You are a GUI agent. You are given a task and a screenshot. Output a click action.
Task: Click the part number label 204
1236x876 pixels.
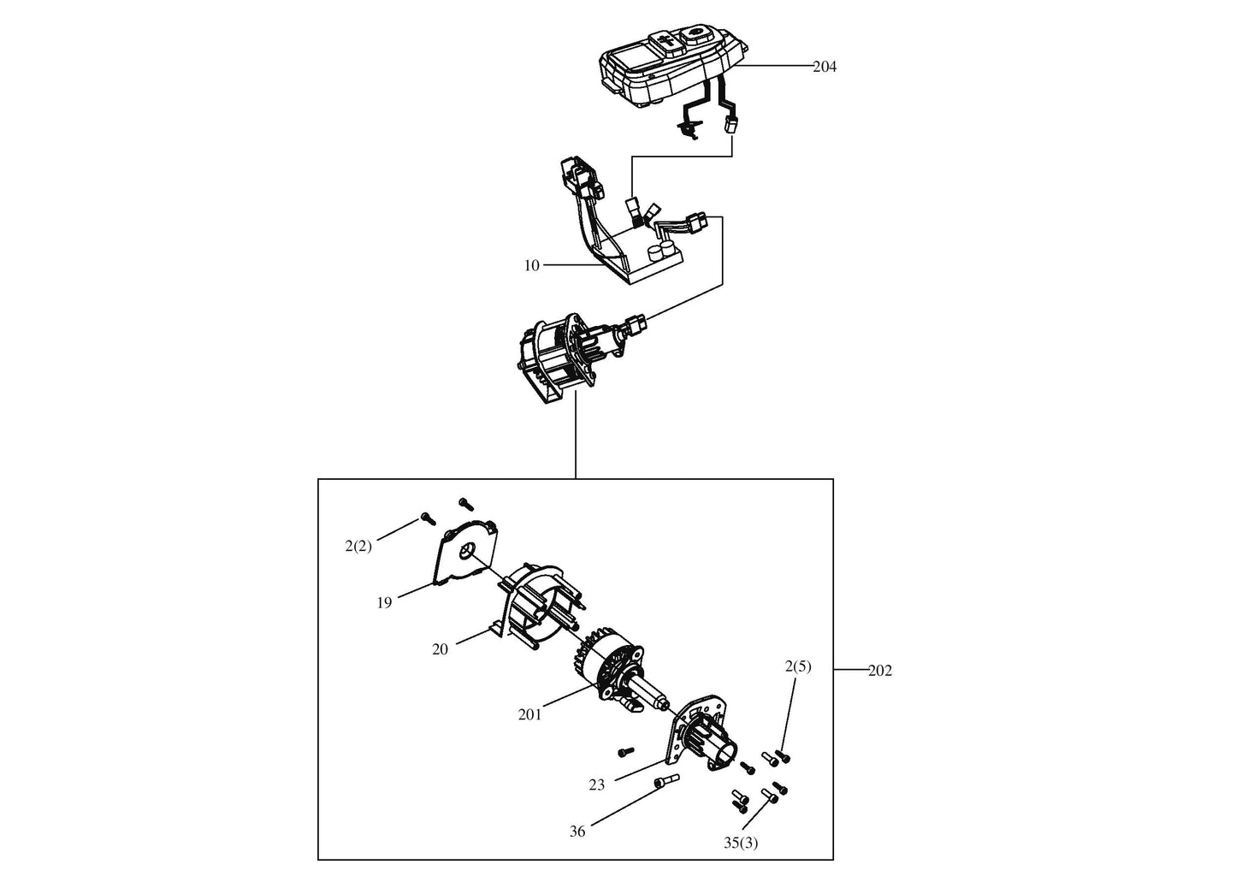[824, 67]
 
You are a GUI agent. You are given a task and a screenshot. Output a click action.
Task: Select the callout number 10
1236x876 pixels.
[532, 265]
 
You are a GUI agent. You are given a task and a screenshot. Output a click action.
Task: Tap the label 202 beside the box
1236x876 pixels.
[879, 671]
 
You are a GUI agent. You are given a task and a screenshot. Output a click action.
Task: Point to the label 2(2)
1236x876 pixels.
[358, 546]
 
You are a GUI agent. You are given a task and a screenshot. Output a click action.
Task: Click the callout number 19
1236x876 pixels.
[384, 603]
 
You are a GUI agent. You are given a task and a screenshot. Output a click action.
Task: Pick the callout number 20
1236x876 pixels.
[440, 649]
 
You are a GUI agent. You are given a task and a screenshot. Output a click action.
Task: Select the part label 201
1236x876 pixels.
[529, 714]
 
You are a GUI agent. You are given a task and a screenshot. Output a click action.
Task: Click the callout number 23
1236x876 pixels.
[597, 784]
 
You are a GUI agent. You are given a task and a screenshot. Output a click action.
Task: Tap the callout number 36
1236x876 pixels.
[577, 831]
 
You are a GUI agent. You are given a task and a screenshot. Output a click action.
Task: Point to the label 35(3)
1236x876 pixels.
[740, 843]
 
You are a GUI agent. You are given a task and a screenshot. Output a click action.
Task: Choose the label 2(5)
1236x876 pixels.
[797, 666]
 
